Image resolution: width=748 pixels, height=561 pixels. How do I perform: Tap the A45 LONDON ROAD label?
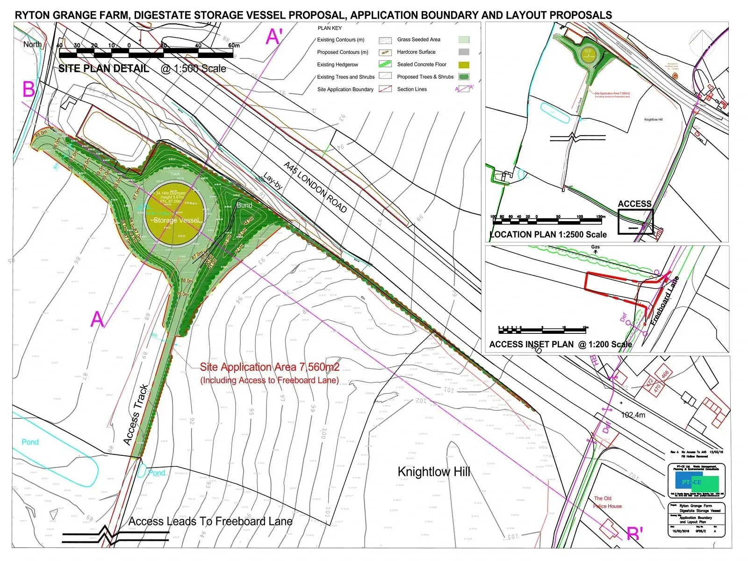[316, 187]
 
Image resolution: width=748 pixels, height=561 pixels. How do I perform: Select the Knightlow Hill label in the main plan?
[433, 472]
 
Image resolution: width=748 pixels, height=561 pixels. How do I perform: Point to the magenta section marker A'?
[274, 36]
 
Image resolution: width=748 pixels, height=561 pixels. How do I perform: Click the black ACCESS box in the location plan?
[635, 221]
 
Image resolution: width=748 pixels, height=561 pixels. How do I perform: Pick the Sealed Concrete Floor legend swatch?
[464, 65]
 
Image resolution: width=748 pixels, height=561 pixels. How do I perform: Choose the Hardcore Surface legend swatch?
[464, 52]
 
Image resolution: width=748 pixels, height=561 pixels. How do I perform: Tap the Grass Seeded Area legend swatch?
[464, 40]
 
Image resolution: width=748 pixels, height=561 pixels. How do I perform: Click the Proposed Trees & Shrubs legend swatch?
[464, 77]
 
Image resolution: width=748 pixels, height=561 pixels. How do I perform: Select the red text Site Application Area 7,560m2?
[270, 367]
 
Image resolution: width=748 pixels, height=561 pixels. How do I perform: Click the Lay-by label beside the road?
[273, 181]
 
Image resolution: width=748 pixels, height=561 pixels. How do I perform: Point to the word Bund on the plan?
[245, 205]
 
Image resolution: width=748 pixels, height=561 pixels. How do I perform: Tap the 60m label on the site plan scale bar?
[234, 45]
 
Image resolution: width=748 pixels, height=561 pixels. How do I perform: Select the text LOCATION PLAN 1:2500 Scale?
[548, 235]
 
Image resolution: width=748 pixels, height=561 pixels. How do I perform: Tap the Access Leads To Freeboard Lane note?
[210, 521]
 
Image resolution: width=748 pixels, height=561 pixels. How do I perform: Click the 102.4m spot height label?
[633, 415]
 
